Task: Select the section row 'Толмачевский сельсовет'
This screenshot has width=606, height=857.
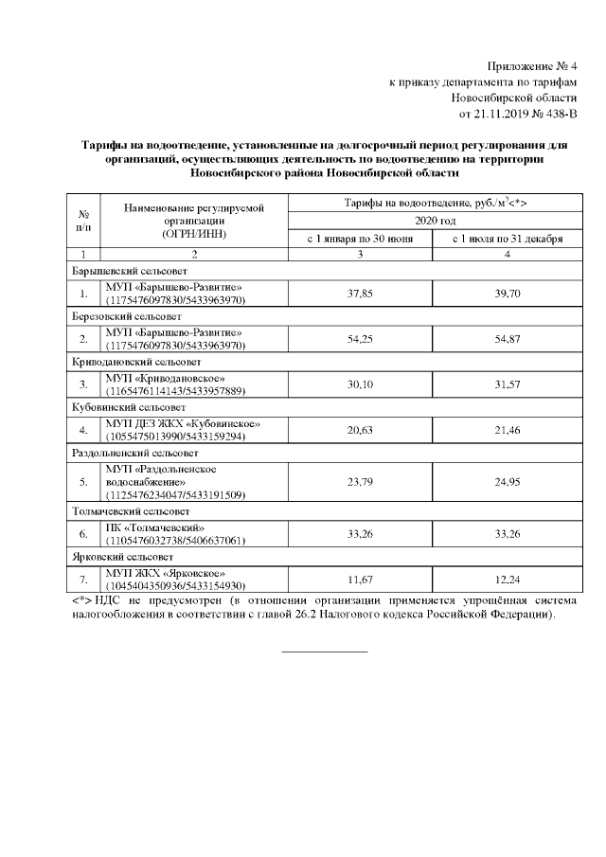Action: pos(124,511)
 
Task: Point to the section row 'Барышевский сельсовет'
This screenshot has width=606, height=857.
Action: pos(123,272)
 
